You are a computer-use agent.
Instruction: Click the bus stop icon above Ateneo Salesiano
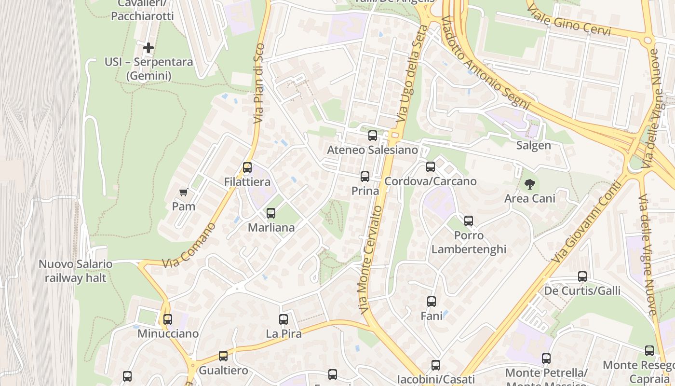(x=372, y=136)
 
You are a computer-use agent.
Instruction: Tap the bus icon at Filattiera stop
(x=247, y=167)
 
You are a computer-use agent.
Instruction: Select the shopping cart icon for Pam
(x=183, y=193)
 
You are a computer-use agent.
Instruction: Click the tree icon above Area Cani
(x=529, y=184)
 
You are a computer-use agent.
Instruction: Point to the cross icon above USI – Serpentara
(x=148, y=48)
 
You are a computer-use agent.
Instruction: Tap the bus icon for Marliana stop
(x=271, y=213)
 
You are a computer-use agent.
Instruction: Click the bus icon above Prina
(x=365, y=177)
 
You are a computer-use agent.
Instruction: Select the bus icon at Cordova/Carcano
(x=431, y=167)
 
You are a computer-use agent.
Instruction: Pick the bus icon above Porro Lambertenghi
(x=469, y=221)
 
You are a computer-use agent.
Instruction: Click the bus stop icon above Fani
(x=432, y=302)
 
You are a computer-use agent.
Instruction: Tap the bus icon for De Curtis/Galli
(x=582, y=276)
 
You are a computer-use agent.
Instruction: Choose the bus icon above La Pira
(x=283, y=319)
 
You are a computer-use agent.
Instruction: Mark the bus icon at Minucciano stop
(x=168, y=319)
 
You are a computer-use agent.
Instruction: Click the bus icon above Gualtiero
(x=223, y=356)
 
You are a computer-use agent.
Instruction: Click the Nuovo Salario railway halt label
(x=76, y=271)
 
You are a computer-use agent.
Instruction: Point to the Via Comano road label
(x=189, y=246)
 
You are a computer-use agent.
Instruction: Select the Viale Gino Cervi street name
(x=569, y=21)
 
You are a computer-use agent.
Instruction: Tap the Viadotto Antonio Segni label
(x=485, y=63)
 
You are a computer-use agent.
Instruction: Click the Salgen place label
(x=533, y=146)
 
